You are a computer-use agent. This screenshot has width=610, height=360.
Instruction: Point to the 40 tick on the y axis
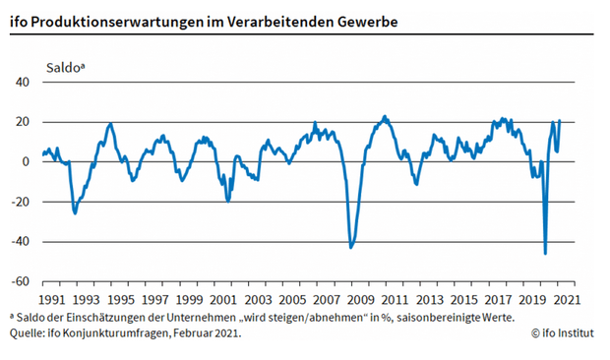tap(23, 83)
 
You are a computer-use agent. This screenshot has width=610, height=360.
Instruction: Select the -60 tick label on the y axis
tap(21, 281)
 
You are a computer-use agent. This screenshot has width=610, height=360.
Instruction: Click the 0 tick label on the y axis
tap(27, 162)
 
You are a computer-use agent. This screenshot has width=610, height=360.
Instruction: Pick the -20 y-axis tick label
tap(21, 202)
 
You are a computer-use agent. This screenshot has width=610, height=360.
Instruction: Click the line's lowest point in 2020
tap(545, 253)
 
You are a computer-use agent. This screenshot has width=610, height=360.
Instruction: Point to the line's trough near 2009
tap(351, 246)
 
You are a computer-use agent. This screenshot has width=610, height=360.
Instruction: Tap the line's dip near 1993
tap(75, 212)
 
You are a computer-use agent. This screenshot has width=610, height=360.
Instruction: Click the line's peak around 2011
tap(384, 116)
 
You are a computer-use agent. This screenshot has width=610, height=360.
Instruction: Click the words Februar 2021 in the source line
tap(206, 333)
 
